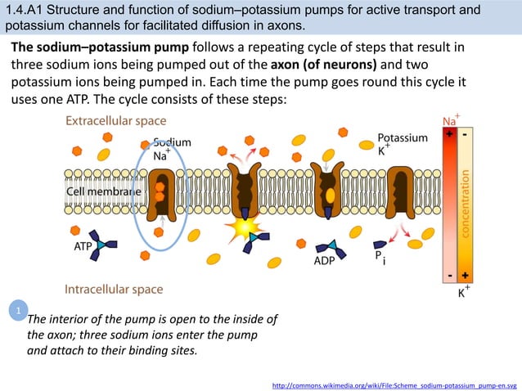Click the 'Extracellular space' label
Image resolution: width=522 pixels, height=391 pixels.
pyautogui.click(x=115, y=121)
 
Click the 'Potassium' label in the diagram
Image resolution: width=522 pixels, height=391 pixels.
pyautogui.click(x=403, y=138)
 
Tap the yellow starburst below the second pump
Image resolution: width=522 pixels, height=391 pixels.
pyautogui.click(x=245, y=225)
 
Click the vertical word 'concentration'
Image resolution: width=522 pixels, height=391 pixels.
pyautogui.click(x=466, y=204)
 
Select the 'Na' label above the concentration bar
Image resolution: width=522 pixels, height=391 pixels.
pyautogui.click(x=449, y=122)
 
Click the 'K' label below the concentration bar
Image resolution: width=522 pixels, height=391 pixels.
pyautogui.click(x=462, y=293)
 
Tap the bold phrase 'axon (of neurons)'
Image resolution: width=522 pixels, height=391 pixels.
pyautogui.click(x=324, y=65)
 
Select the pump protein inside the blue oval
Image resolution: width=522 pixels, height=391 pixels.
pyautogui.click(x=160, y=193)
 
